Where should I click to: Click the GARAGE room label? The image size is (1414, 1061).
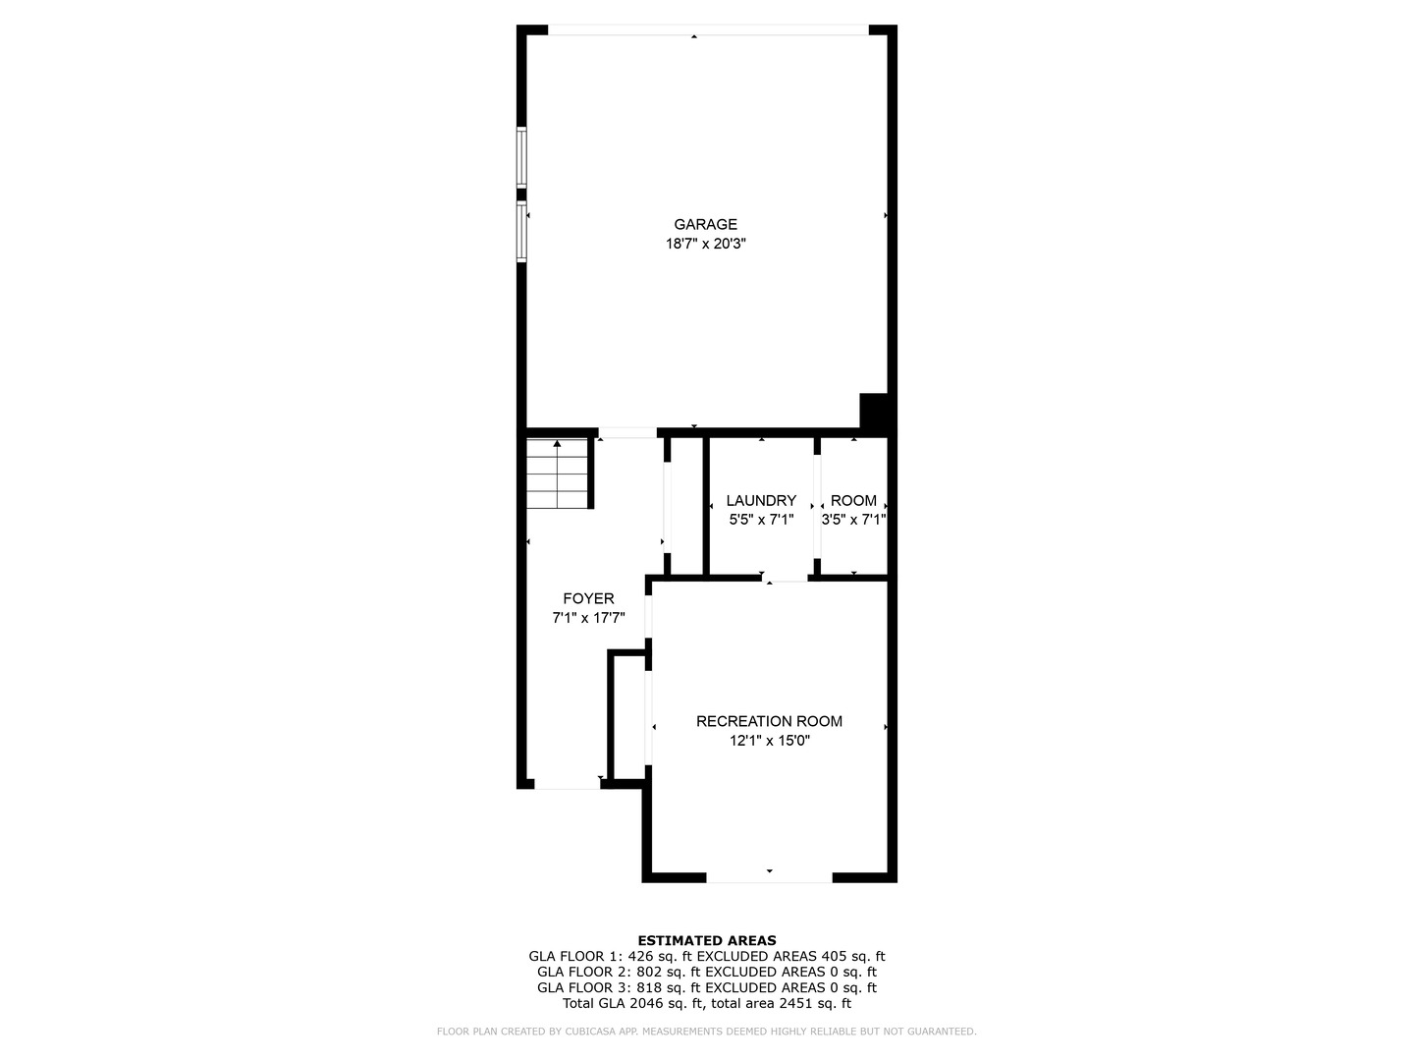pyautogui.click(x=705, y=224)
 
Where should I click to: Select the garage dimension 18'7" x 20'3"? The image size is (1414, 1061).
pyautogui.click(x=705, y=244)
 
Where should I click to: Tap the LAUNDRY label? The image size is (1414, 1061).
pyautogui.click(x=761, y=500)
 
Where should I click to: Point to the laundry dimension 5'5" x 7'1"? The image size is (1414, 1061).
pyautogui.click(x=761, y=520)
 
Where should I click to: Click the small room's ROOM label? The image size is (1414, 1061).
pyautogui.click(x=853, y=500)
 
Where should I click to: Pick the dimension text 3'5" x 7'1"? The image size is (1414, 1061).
pyautogui.click(x=853, y=520)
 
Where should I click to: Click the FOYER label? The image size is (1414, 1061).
pyautogui.click(x=588, y=598)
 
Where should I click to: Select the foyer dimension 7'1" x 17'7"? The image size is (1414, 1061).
pyautogui.click(x=588, y=618)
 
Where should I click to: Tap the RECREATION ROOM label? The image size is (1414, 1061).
pyautogui.click(x=769, y=721)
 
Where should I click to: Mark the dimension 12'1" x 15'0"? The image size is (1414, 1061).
pyautogui.click(x=769, y=741)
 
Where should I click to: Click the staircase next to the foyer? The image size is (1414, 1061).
pyautogui.click(x=557, y=474)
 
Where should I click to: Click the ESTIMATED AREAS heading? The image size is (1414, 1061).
pyautogui.click(x=707, y=940)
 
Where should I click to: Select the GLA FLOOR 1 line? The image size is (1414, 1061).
pyautogui.click(x=707, y=956)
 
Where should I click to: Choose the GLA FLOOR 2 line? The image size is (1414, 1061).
pyautogui.click(x=707, y=972)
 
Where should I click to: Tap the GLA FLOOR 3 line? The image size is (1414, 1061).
pyautogui.click(x=707, y=987)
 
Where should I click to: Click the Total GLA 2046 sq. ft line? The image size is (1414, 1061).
pyautogui.click(x=707, y=1003)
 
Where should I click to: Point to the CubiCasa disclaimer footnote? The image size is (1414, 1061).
pyautogui.click(x=707, y=1032)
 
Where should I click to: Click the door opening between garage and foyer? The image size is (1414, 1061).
pyautogui.click(x=627, y=432)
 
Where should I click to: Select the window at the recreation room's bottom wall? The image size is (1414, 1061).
pyautogui.click(x=769, y=876)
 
